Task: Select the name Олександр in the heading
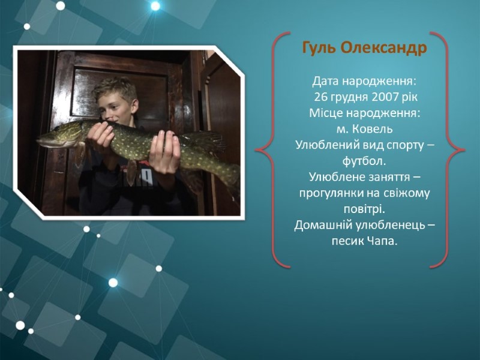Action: coord(383,48)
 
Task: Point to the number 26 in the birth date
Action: coord(320,97)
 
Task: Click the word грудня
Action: coord(349,98)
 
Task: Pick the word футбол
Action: coord(364,161)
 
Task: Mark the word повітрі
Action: coord(364,209)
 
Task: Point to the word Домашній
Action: coord(323,226)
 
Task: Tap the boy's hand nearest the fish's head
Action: coord(100,134)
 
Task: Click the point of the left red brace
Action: coord(256,149)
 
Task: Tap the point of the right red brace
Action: coord(464,149)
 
